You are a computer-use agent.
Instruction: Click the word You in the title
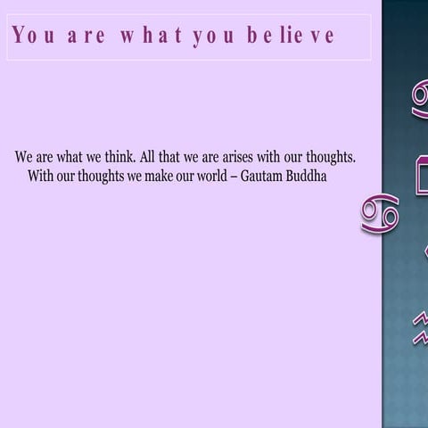point(32,37)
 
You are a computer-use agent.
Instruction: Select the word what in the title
point(150,37)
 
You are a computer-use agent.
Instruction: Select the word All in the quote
point(150,157)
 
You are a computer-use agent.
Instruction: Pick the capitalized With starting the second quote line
point(41,176)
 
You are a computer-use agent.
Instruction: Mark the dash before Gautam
point(234,176)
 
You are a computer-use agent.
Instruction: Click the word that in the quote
point(175,157)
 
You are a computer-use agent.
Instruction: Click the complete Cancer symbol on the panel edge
point(379,214)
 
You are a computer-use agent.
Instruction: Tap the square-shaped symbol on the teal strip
point(419,173)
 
